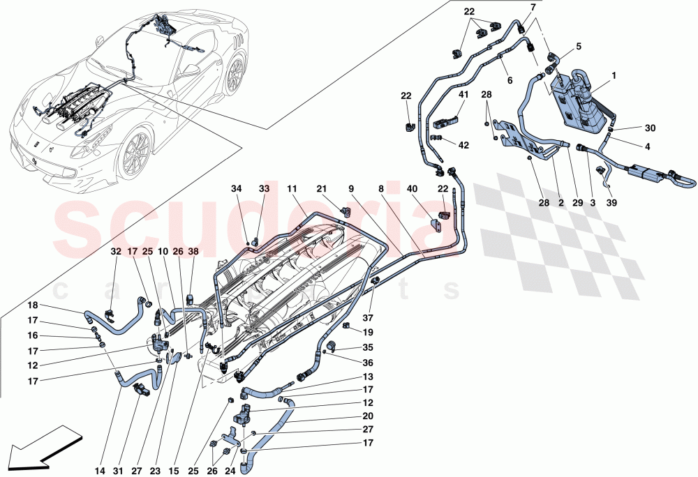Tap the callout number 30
pyautogui.click(x=650, y=128)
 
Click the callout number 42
pyautogui.click(x=462, y=144)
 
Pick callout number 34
pyautogui.click(x=237, y=188)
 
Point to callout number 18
pyautogui.click(x=34, y=305)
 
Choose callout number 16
pyautogui.click(x=34, y=335)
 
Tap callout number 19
pyautogui.click(x=368, y=333)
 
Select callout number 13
pyautogui.click(x=368, y=377)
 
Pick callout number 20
pyautogui.click(x=368, y=416)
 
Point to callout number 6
pyautogui.click(x=510, y=81)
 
